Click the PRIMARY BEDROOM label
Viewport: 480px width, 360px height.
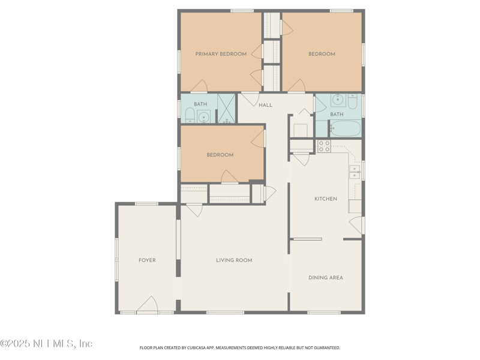221,54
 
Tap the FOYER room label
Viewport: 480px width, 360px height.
147,260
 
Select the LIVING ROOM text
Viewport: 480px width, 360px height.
234,260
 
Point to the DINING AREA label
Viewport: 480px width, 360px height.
326,278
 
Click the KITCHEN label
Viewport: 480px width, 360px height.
326,199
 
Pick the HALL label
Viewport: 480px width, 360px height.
265,105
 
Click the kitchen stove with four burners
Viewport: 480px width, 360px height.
324,146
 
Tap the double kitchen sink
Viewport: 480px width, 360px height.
355,172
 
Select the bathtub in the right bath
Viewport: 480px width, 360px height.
345,128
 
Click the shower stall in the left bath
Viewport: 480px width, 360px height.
226,109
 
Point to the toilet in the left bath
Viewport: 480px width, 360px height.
189,115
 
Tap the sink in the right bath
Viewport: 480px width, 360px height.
337,100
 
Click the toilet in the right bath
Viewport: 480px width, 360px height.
352,101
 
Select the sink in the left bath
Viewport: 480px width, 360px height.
203,116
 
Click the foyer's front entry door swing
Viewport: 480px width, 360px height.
148,305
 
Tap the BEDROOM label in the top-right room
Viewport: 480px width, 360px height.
322,54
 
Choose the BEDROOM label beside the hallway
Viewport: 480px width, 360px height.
220,155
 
